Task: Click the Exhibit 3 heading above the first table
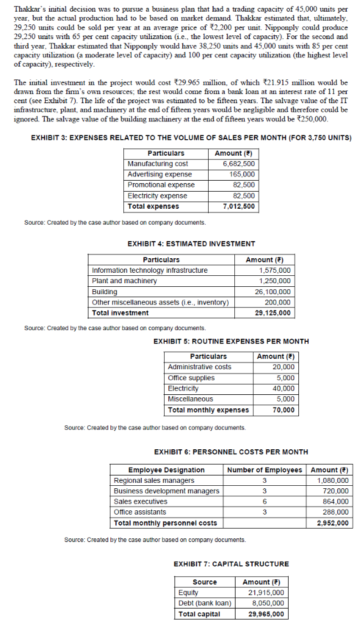point(191,137)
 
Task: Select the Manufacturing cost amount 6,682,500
point(239,164)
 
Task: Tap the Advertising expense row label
point(159,174)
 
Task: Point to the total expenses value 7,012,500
point(239,206)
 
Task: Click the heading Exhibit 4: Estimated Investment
point(191,244)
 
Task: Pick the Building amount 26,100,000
point(274,292)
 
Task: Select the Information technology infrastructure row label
point(149,270)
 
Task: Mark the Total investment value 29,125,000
point(274,313)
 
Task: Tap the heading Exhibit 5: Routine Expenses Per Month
point(231,341)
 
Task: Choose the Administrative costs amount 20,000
point(283,367)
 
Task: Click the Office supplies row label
point(191,378)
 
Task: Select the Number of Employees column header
point(264,470)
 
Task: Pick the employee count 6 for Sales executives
point(264,501)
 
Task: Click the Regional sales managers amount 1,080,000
point(331,480)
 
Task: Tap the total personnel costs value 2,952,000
point(330,523)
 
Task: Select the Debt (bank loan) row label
point(204,603)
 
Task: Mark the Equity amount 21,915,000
point(263,593)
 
